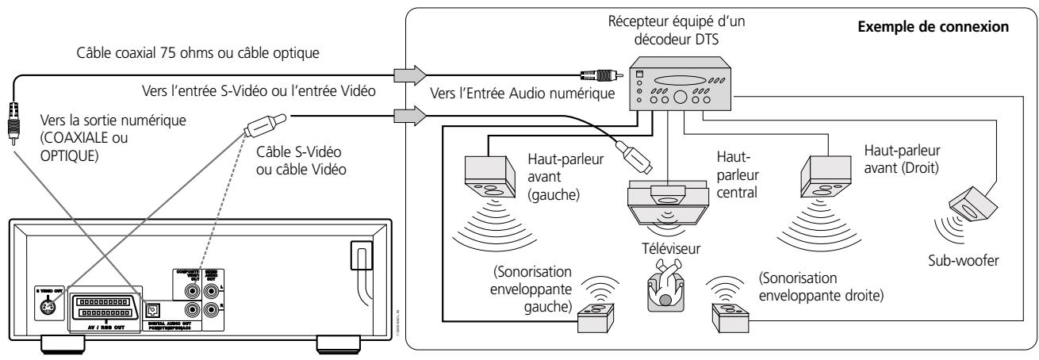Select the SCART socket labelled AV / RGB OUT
(x=103, y=305)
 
